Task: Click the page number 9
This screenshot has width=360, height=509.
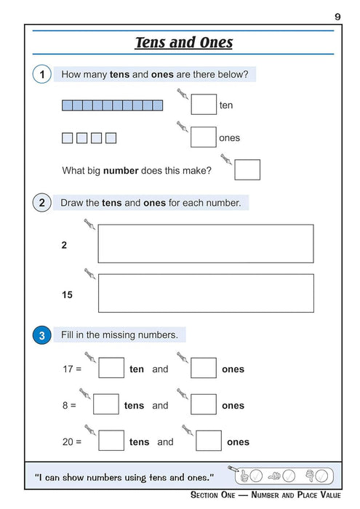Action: [338, 16]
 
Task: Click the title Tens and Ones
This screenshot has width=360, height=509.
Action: [184, 42]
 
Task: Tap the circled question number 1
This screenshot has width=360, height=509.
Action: [42, 74]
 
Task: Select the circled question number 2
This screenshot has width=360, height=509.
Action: [42, 203]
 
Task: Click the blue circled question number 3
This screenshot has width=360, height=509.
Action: [42, 335]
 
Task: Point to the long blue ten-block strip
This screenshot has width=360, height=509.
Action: [113, 105]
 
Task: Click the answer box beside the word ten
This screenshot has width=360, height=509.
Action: [204, 105]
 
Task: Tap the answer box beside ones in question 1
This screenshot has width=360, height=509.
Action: [204, 137]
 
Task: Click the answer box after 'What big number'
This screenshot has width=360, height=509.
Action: [247, 170]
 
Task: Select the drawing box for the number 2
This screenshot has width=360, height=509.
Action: [206, 244]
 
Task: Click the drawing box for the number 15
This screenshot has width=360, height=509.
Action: [206, 293]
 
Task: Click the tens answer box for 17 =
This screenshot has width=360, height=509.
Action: [111, 369]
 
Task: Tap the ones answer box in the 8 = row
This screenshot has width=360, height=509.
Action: [204, 405]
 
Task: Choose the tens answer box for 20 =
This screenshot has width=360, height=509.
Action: [111, 441]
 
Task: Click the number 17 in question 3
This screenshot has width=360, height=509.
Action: [68, 369]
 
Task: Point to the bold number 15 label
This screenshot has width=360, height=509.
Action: [67, 295]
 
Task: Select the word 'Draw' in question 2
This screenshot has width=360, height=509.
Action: [72, 203]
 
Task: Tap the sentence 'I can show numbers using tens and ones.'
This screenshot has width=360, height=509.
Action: [124, 477]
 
